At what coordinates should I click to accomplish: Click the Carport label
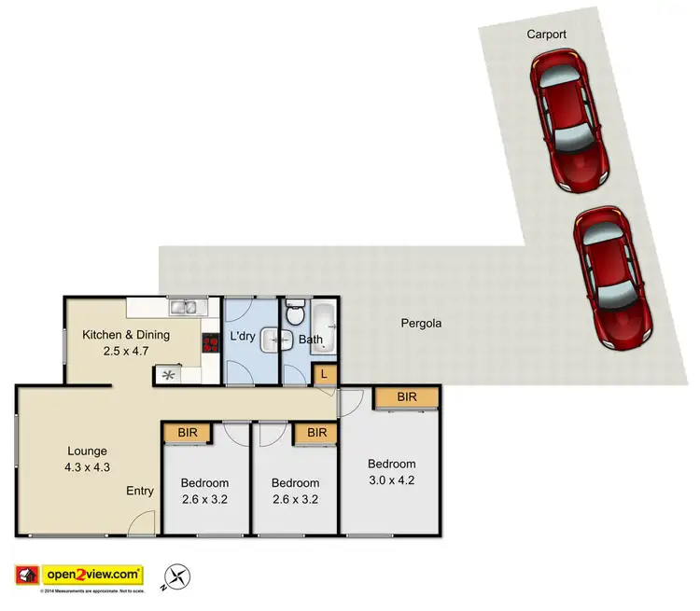546,35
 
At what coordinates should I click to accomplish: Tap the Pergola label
421,325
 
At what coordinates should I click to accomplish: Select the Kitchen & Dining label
126,335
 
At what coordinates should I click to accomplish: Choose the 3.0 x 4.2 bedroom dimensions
391,481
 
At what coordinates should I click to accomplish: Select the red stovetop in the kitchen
210,343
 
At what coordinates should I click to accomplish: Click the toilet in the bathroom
295,312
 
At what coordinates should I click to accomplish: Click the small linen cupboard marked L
324,375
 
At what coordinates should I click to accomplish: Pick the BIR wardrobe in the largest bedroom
406,397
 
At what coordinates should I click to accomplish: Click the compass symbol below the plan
177,576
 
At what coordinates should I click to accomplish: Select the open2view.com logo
78,575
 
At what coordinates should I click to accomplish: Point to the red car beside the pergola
612,278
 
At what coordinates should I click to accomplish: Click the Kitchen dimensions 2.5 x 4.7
127,352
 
